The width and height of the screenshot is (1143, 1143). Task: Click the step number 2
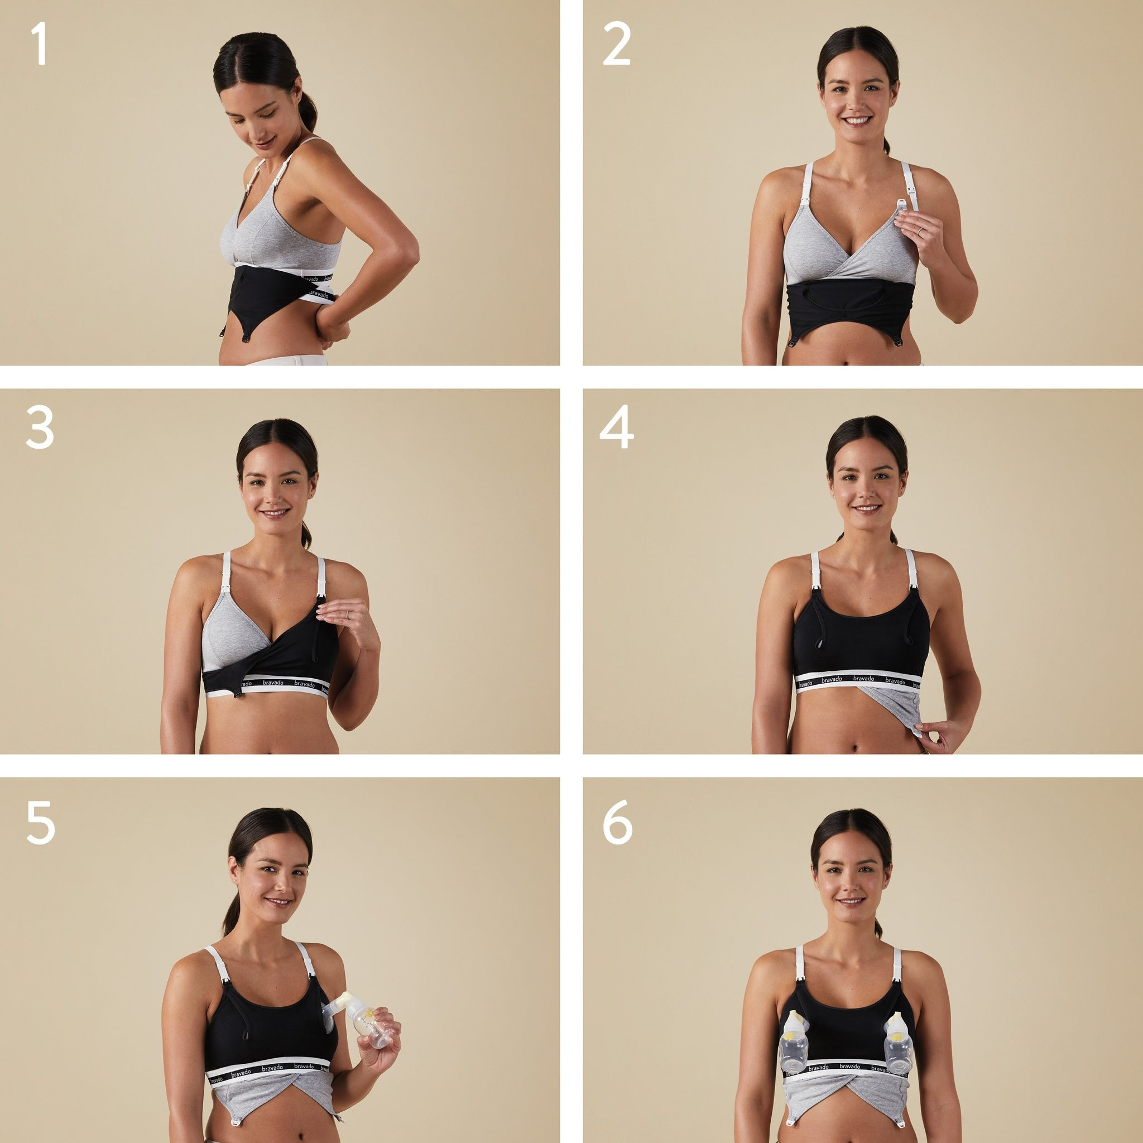(x=617, y=46)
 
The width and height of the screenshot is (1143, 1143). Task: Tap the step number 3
(x=40, y=429)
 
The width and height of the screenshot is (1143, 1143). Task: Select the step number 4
(x=617, y=429)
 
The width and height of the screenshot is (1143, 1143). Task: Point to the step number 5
(x=40, y=824)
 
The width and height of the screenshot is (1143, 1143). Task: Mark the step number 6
(x=617, y=824)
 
